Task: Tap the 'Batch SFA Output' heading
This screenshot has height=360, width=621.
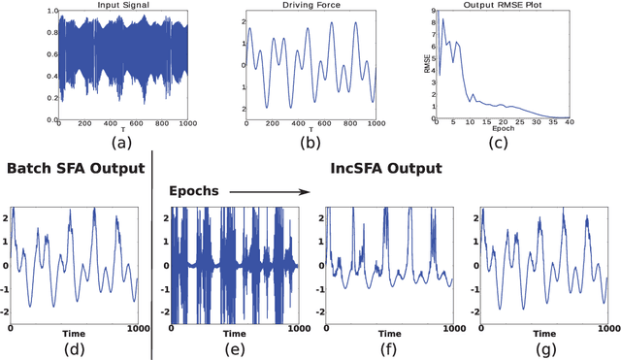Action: click(74, 169)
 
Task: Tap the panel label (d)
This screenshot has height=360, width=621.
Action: click(73, 350)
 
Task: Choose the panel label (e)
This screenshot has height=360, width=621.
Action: click(233, 350)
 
